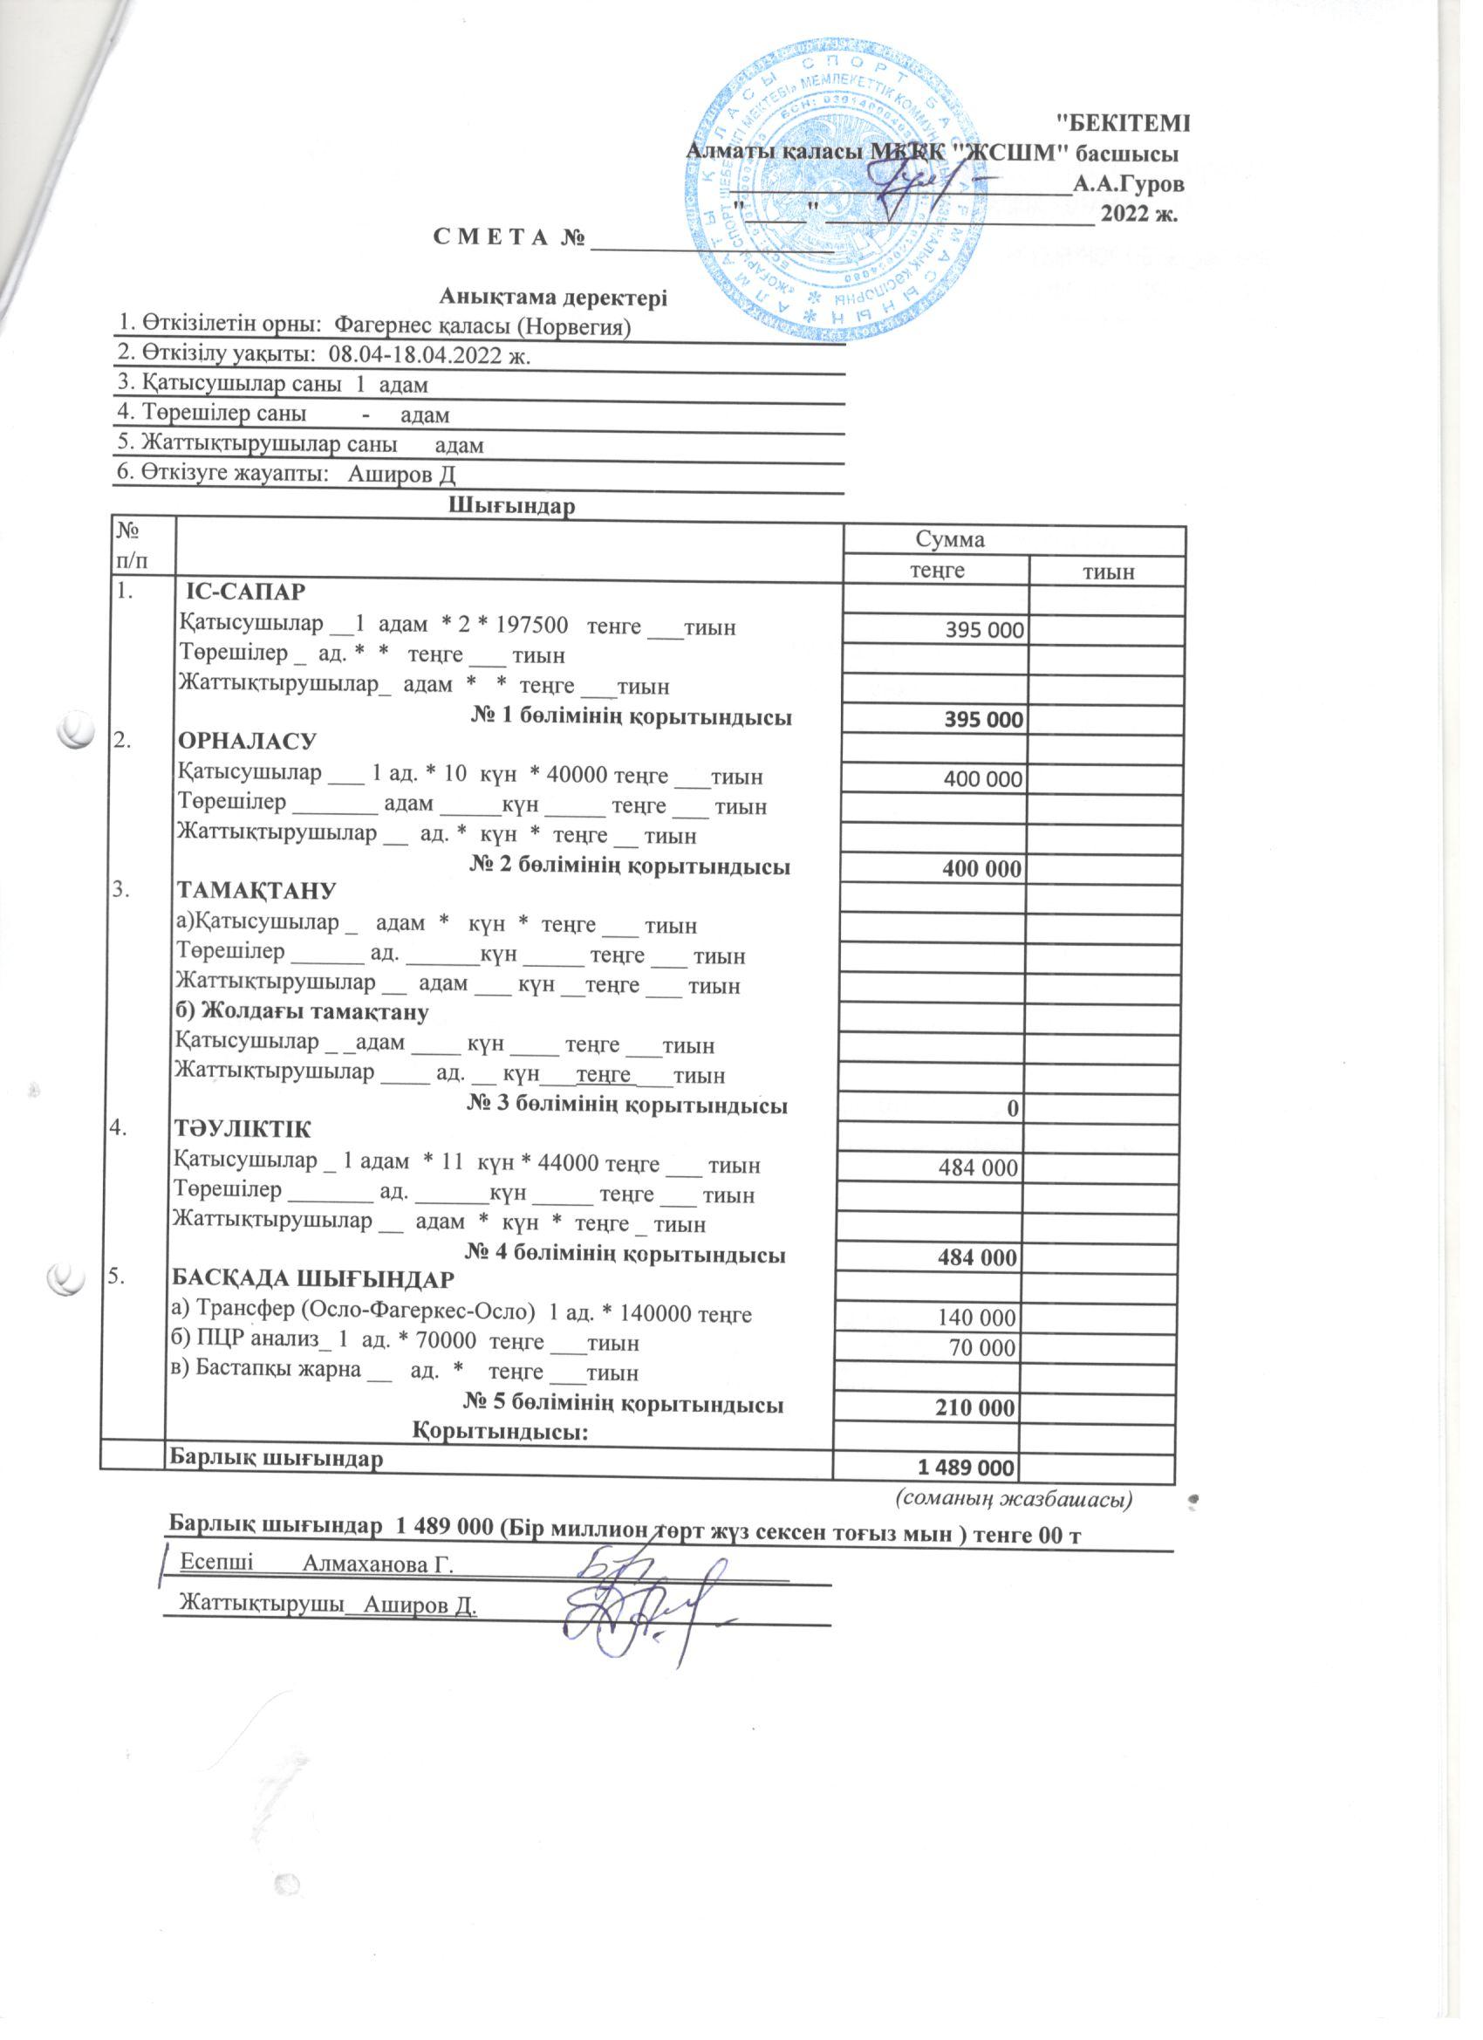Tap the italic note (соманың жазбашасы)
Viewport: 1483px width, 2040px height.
[1013, 1499]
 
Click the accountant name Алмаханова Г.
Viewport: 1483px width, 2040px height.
[376, 1564]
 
